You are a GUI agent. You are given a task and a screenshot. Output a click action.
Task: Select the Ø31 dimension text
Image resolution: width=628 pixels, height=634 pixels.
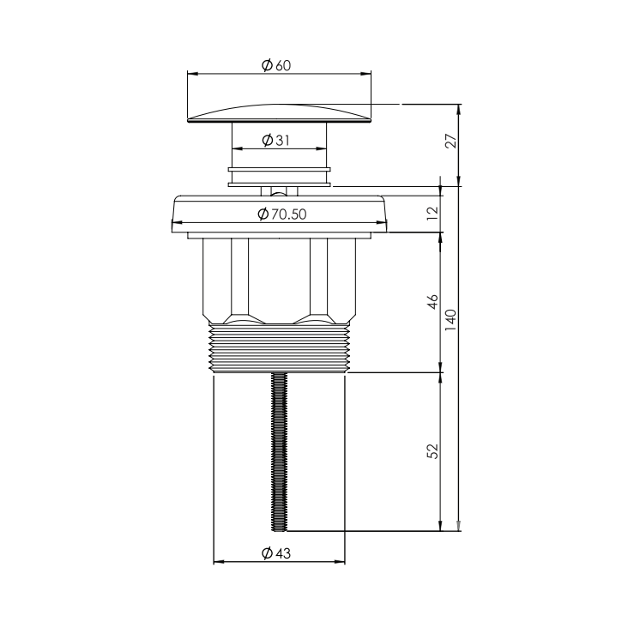pyautogui.click(x=275, y=140)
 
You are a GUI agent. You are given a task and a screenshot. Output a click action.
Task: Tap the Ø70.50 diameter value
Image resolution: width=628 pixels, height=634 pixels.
pyautogui.click(x=281, y=214)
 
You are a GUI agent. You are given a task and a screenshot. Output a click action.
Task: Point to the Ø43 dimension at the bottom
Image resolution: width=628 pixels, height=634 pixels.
pyautogui.click(x=275, y=553)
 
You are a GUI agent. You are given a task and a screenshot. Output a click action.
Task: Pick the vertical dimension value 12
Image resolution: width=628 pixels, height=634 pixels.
pyautogui.click(x=432, y=210)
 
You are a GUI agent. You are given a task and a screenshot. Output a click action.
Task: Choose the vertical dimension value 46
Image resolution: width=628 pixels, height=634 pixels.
pyautogui.click(x=432, y=302)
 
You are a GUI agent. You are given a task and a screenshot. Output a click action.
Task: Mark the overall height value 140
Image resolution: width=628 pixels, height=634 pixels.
pyautogui.click(x=450, y=319)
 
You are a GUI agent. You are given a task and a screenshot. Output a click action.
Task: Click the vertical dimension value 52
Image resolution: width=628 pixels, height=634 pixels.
pyautogui.click(x=432, y=450)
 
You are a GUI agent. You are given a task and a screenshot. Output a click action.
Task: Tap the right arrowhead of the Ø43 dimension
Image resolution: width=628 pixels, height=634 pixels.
pyautogui.click(x=341, y=563)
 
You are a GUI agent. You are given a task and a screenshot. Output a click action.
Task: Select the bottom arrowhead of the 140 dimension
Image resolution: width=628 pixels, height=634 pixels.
pyautogui.click(x=460, y=526)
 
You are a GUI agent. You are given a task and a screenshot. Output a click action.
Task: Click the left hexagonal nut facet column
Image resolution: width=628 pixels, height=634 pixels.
pyautogui.click(x=238, y=279)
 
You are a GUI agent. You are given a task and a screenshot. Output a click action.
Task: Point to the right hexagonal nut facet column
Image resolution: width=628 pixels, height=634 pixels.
pyautogui.click(x=320, y=279)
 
